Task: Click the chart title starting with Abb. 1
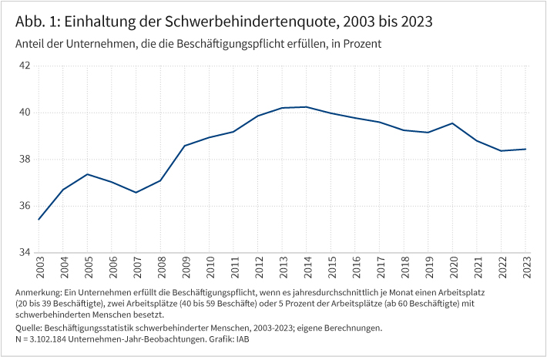(224, 21)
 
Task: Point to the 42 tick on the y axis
(25, 66)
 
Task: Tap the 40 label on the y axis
(25, 113)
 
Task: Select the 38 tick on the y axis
(25, 160)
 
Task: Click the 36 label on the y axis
(25, 206)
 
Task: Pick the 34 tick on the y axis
(25, 253)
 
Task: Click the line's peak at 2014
(307, 107)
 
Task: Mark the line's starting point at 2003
(39, 220)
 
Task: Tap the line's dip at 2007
(136, 193)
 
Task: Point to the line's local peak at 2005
(88, 174)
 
